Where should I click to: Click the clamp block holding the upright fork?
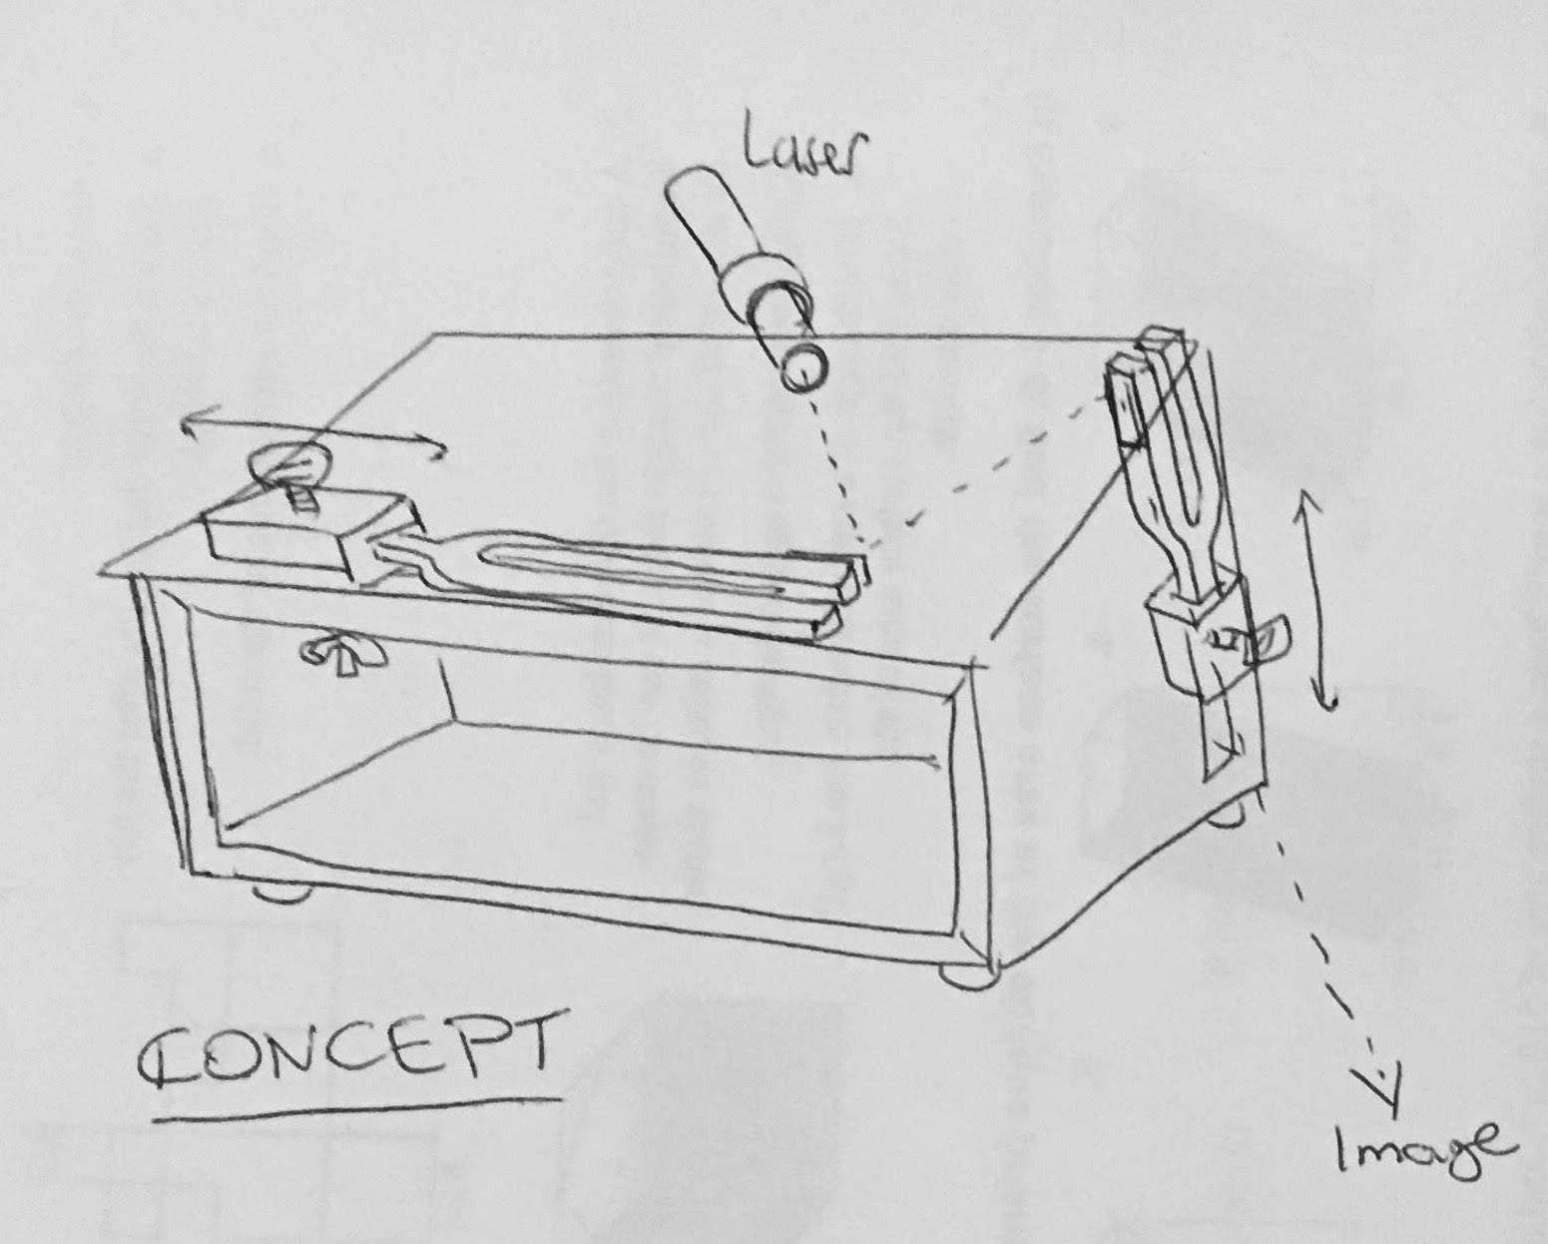point(1198,633)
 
